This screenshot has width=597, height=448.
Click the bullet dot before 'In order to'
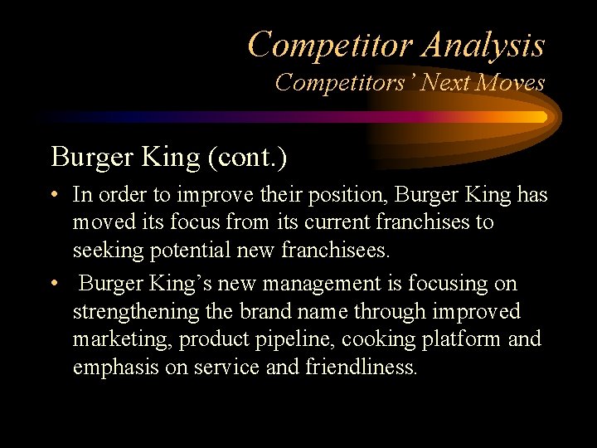[x=54, y=196]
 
